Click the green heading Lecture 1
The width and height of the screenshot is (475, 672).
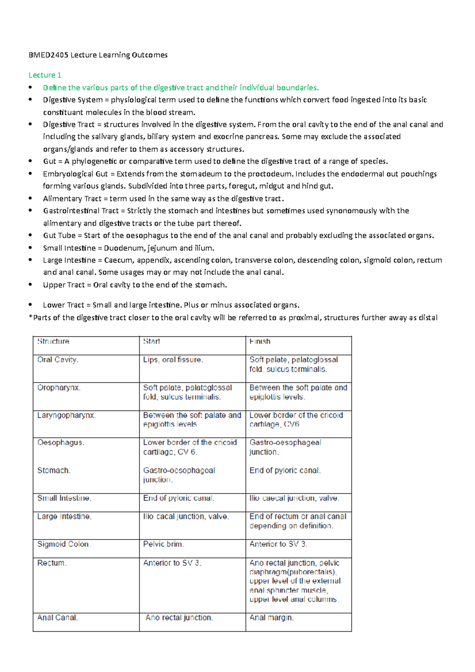[45, 75]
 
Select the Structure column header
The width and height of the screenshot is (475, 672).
[53, 342]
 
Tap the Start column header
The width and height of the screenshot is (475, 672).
[151, 342]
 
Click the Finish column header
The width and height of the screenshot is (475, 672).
[260, 342]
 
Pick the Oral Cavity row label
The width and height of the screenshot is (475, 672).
[57, 360]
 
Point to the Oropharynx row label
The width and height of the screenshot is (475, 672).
[59, 388]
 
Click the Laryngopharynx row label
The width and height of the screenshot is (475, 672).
[66, 416]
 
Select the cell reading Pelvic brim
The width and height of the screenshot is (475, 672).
[163, 545]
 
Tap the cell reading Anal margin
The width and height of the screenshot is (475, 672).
[271, 618]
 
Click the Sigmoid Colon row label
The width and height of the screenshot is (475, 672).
[64, 545]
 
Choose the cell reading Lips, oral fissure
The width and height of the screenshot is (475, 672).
[173, 360]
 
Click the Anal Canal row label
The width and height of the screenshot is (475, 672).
[57, 618]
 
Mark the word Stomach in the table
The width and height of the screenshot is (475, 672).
[53, 471]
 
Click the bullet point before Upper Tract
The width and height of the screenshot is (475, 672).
[30, 285]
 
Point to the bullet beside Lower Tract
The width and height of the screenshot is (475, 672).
[30, 305]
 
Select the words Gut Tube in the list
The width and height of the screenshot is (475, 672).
[59, 236]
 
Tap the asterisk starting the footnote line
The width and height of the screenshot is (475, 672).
[30, 317]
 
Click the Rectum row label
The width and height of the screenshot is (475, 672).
[51, 563]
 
